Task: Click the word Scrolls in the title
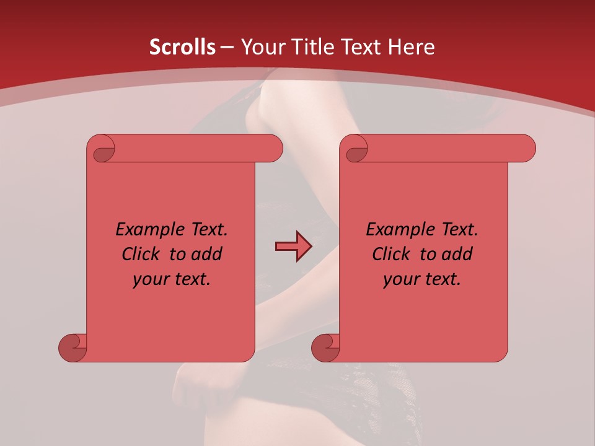coord(182,47)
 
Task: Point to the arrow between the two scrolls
coord(293,247)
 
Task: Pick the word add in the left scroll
coord(207,254)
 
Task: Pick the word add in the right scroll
coord(457,254)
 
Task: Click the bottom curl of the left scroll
coord(73,348)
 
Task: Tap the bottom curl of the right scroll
coord(326,348)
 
